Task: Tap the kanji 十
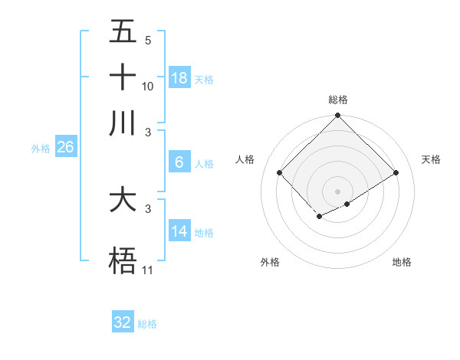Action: click(x=123, y=77)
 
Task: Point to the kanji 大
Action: click(x=123, y=200)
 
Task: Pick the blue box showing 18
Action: click(x=179, y=78)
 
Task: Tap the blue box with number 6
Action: click(x=179, y=162)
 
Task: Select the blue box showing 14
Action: click(x=179, y=231)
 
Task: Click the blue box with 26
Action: click(x=65, y=147)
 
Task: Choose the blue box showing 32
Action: click(x=123, y=322)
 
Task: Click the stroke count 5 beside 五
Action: click(x=148, y=41)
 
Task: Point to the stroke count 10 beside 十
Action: click(x=148, y=87)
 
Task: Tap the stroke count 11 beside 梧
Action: click(x=148, y=270)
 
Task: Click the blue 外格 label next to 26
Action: click(x=41, y=149)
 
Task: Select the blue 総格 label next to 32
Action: click(x=147, y=324)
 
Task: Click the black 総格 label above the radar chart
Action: click(x=338, y=100)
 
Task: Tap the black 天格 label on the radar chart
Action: click(x=431, y=159)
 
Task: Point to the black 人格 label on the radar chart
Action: click(x=245, y=159)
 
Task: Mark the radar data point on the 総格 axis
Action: click(x=338, y=116)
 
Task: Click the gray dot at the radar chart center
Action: click(x=338, y=191)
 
